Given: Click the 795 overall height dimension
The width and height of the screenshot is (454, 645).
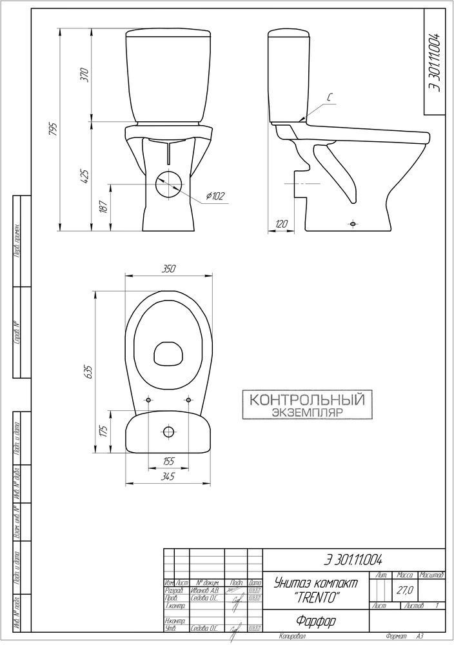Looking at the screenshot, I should [54, 130].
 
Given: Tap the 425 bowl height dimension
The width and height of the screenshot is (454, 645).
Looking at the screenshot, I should [84, 175].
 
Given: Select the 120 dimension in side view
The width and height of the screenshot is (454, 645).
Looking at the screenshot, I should [281, 223].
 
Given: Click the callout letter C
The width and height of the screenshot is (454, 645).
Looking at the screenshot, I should [328, 98].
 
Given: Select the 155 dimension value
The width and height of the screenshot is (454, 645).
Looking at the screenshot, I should [168, 461].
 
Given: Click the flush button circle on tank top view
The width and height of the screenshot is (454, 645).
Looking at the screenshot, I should [168, 432].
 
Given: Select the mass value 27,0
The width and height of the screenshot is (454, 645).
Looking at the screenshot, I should [405, 590].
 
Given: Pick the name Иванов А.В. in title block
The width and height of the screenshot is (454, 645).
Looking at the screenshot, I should [206, 590].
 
